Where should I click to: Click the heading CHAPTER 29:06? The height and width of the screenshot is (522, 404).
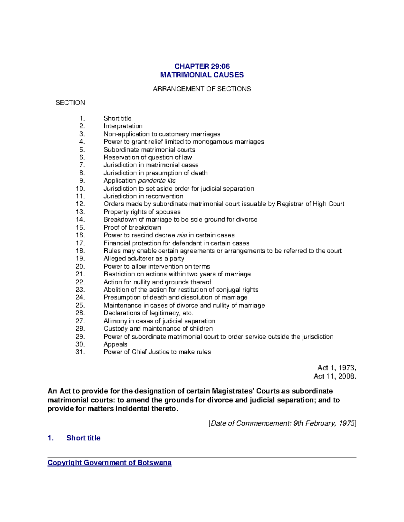[x=202, y=67]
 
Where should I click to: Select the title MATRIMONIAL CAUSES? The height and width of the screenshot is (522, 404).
[x=202, y=75]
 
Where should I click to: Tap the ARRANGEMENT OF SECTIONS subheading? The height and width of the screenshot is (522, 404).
[x=202, y=89]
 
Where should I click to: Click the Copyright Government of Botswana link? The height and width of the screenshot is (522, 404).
[x=109, y=463]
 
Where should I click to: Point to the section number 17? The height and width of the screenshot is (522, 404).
[x=80, y=243]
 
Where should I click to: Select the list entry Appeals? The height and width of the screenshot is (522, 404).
[x=115, y=344]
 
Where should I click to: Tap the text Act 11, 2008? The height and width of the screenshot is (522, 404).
[x=335, y=376]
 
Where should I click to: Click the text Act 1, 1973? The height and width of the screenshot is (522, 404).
[x=337, y=368]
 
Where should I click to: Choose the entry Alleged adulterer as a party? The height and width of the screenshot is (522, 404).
[x=144, y=258]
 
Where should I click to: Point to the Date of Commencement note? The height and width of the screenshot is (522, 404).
[x=282, y=424]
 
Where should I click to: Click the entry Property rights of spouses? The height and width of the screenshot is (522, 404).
[x=142, y=212]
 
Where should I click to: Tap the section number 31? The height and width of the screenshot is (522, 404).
[x=80, y=352]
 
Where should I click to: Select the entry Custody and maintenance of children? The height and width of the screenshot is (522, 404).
[x=158, y=329]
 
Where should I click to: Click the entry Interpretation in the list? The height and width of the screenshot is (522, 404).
[x=123, y=126]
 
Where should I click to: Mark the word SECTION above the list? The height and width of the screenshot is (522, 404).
[x=70, y=103]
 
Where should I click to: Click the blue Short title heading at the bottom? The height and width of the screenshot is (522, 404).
[x=83, y=438]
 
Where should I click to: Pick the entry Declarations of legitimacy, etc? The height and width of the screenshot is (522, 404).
[x=148, y=313]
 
